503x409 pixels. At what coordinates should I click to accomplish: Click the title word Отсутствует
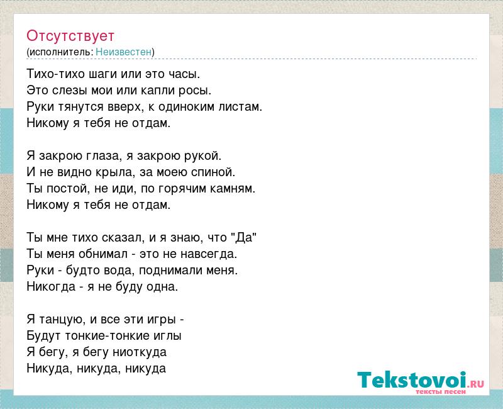pos(70,36)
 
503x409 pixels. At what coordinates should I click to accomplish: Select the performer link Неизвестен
pos(123,52)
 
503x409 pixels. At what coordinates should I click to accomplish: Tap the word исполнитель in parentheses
pos(61,52)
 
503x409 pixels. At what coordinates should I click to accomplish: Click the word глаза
pos(103,156)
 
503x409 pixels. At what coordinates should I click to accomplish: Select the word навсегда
pos(209,254)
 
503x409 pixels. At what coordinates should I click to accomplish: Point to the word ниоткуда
pos(140,352)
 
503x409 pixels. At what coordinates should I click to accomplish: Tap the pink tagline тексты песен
pos(440,392)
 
